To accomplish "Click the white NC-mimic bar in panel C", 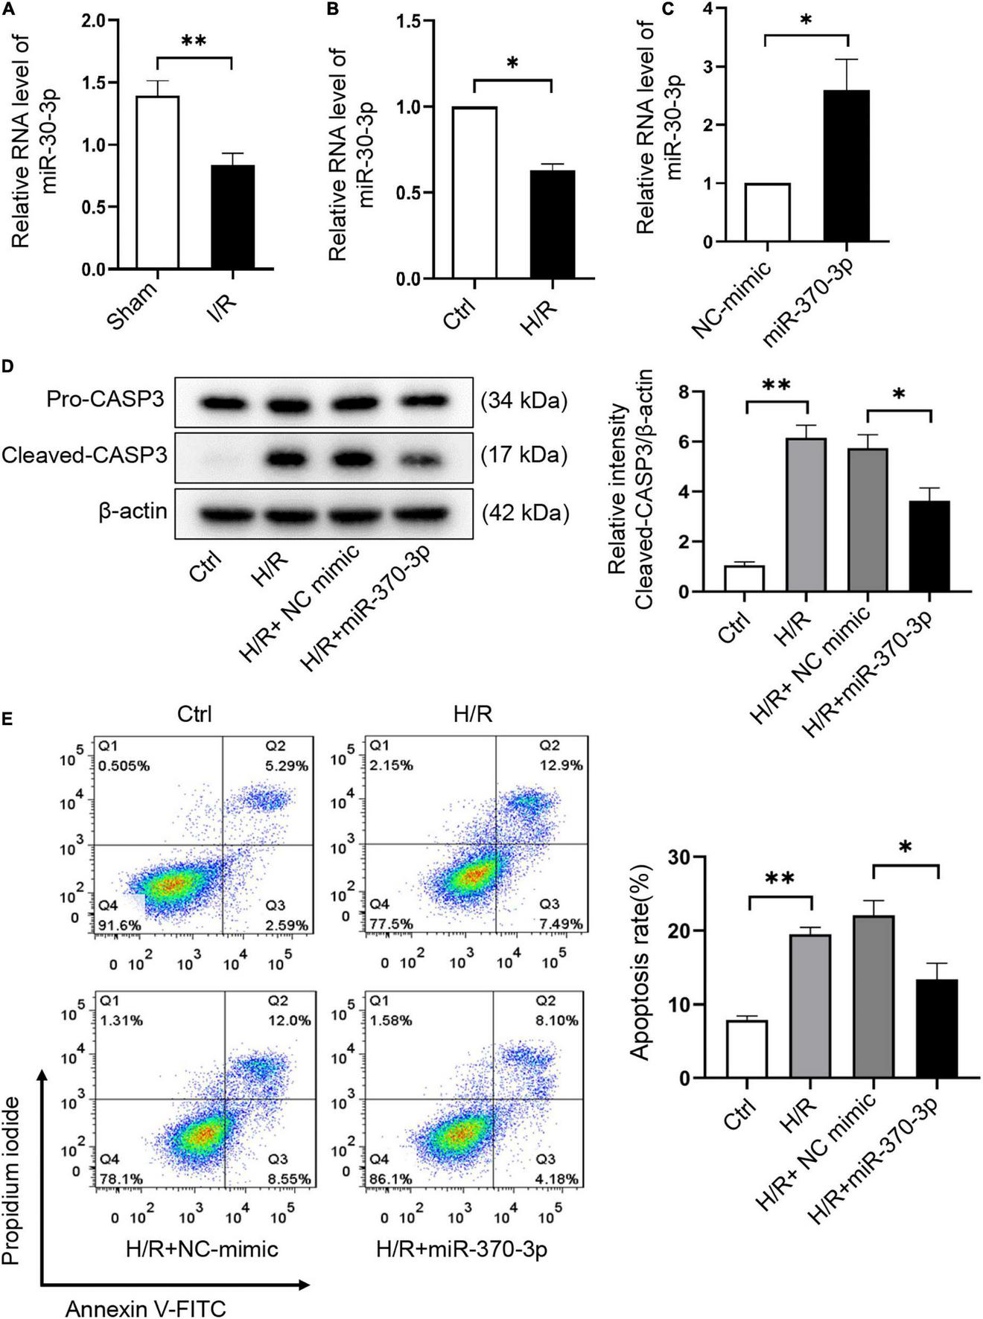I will coord(767,212).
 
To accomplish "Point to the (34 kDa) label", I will coord(524,402).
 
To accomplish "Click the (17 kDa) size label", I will coord(524,454).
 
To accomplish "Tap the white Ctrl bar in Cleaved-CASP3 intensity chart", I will coord(744,578).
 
